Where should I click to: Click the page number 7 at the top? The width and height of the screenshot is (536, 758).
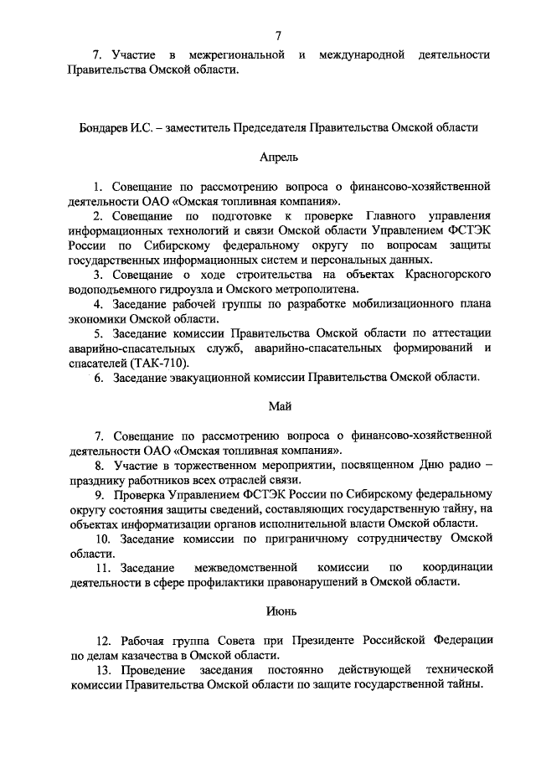(x=277, y=34)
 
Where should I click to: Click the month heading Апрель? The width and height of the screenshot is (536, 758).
(x=278, y=157)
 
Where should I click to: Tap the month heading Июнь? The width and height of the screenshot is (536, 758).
(x=278, y=613)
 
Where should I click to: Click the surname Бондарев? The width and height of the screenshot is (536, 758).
(x=96, y=128)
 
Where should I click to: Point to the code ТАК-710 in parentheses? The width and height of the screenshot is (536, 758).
(x=160, y=363)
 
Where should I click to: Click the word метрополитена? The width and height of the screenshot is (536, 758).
(x=312, y=287)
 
